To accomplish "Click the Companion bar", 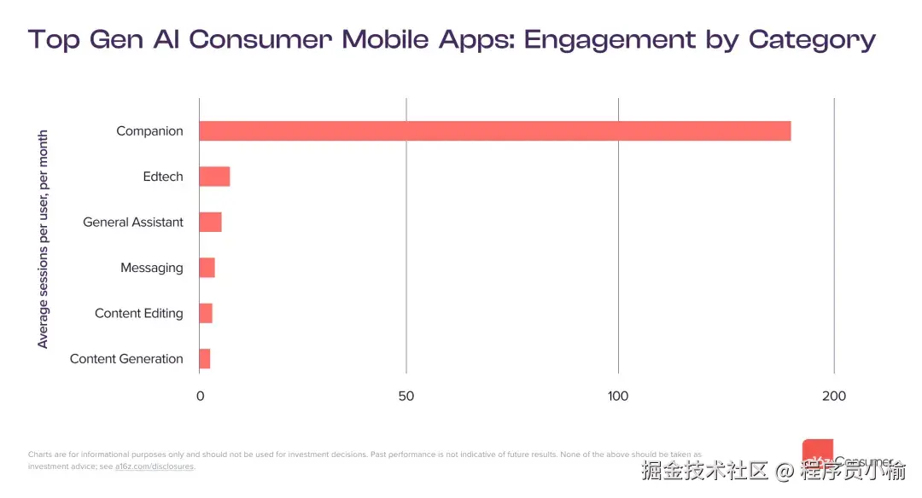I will pos(494,131).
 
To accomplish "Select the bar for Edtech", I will pos(214,177).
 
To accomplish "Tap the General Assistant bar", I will pos(210,223).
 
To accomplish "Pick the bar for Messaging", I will pos(207,268).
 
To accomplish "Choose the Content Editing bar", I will pos(206,314).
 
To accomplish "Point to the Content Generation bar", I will pos(204,359).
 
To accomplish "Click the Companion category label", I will pos(149,131).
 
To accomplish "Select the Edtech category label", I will pos(163,177).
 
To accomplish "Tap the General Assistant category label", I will pos(133,223).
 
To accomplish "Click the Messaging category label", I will pos(152,268).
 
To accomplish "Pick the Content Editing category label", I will pos(139,314).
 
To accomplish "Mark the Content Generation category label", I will pos(126,359).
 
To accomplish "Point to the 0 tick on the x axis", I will pos(201,397).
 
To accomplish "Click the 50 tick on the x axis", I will pos(406,397).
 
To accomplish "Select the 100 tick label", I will pos(618,397).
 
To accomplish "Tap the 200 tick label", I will pos(834,397).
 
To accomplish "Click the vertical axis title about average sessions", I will pos(44,239).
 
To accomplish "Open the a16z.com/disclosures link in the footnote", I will pos(155,466).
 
